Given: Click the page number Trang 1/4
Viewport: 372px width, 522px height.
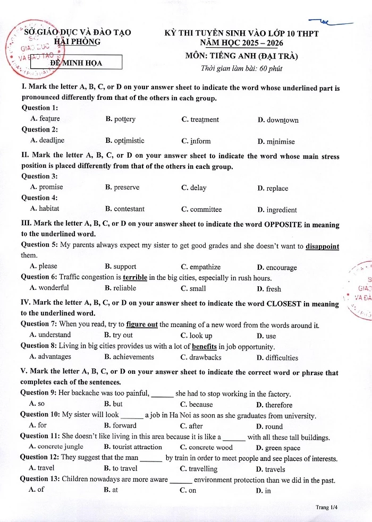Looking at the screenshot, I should point(326,507).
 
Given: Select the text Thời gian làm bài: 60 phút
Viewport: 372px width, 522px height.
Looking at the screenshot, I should point(241,68).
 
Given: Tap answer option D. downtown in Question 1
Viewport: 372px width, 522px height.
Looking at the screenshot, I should point(278,120).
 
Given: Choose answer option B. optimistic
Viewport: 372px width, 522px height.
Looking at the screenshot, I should point(124,141).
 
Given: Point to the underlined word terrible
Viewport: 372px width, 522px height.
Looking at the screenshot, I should point(135,278).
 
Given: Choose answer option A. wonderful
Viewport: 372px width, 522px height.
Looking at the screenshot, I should point(49,288).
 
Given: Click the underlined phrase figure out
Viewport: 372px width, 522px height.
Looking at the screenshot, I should point(142,324).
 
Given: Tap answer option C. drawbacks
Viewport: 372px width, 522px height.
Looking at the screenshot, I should point(200,357).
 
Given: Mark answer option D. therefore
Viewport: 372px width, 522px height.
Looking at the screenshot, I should point(274,405).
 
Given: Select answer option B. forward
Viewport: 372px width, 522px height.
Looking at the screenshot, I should point(121,425).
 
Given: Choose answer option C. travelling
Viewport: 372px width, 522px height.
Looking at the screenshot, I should point(199,469).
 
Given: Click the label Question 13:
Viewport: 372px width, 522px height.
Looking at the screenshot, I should point(40,480).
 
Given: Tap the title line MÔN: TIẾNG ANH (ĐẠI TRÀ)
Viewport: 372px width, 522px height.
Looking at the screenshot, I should point(241,56).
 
